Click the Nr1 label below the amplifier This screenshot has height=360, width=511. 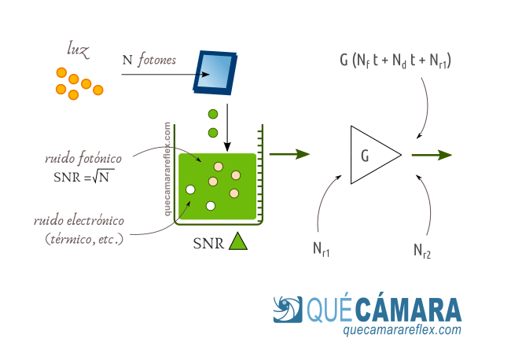[x=321, y=250]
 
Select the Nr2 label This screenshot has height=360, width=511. [x=422, y=250]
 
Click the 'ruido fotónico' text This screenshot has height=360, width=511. [x=83, y=159]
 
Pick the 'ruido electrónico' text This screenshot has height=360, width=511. [x=79, y=221]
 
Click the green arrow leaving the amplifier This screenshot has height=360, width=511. [x=431, y=155]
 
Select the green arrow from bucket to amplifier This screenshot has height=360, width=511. [x=289, y=154]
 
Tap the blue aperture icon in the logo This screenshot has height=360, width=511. [x=288, y=310]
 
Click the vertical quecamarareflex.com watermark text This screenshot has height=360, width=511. [x=167, y=169]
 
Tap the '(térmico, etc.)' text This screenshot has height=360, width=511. [x=84, y=238]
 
